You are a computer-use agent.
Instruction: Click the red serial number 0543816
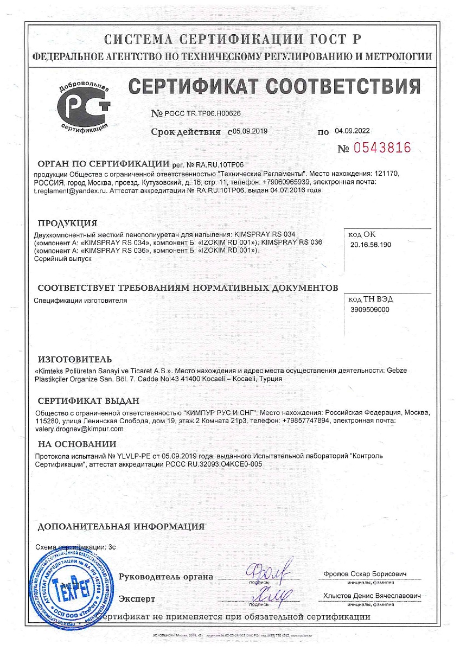coord(382,148)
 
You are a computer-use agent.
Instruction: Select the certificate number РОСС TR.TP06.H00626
coord(203,113)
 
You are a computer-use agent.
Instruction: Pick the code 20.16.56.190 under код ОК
coord(371,245)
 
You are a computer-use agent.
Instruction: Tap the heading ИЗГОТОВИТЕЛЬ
coord(75,359)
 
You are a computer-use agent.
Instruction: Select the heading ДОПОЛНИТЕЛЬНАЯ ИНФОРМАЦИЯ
coord(120,526)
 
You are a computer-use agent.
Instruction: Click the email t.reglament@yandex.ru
coord(69,191)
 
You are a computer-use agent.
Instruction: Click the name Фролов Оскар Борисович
coord(364,573)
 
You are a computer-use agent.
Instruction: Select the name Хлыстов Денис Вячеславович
coord(372,596)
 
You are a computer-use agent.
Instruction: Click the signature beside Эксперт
coord(267,595)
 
